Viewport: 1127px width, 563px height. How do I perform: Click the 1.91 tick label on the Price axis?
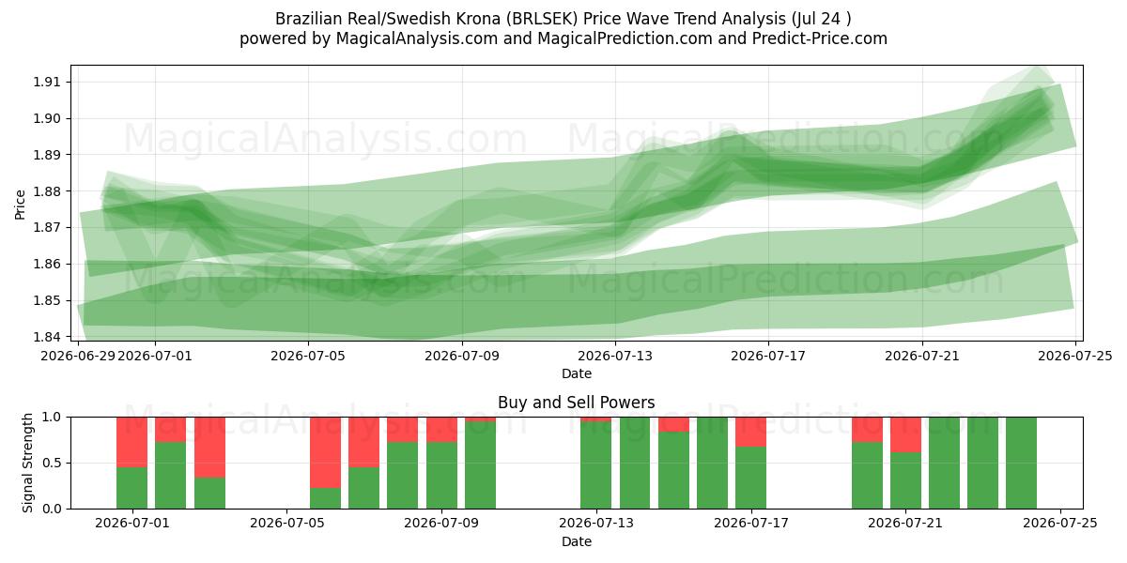[46, 82]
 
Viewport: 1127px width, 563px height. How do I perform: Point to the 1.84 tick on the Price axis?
[46, 337]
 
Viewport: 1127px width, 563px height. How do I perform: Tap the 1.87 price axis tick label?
[46, 228]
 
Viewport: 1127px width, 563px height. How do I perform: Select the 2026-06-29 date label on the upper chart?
[78, 356]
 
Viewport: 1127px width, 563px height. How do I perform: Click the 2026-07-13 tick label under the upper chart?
[615, 356]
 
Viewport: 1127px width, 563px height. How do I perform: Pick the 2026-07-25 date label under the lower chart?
[1060, 524]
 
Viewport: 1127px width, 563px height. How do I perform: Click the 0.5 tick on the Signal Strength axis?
[53, 463]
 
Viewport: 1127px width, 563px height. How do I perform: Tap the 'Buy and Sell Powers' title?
[577, 403]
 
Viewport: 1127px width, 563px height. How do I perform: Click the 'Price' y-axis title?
[20, 205]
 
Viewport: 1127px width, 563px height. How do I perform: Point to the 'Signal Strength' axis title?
[27, 463]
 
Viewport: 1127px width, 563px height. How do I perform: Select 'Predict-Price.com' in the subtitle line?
[820, 38]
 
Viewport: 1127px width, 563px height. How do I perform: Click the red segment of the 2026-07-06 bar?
[325, 452]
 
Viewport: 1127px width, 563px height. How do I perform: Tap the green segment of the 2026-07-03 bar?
[209, 494]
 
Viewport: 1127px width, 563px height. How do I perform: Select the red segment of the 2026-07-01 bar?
[131, 442]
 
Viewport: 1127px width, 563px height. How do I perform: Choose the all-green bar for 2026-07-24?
[1022, 463]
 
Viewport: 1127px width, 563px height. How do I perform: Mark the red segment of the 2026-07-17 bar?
[750, 432]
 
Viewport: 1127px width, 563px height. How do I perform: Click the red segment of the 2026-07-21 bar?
[905, 434]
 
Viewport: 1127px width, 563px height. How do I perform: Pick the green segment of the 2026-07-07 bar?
[363, 488]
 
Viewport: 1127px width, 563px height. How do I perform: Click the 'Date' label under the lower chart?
[577, 542]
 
